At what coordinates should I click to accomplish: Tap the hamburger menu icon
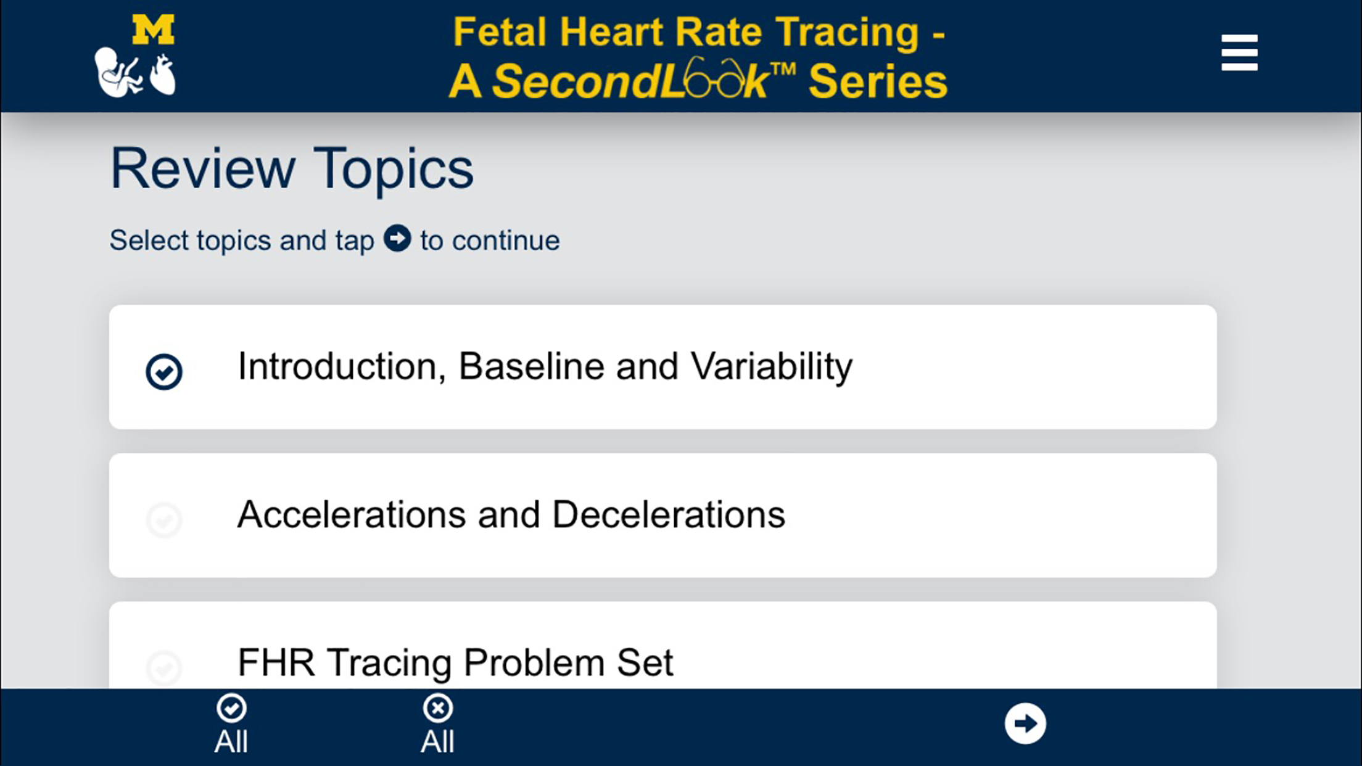click(x=1239, y=52)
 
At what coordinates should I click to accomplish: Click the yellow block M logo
click(x=153, y=30)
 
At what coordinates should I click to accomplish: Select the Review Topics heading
click(x=292, y=168)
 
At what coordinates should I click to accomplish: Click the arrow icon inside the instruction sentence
click(x=397, y=238)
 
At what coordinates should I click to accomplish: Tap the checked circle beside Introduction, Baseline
click(x=164, y=371)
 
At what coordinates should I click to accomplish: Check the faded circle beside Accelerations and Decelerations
click(x=164, y=519)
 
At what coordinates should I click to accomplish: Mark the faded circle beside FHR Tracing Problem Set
click(x=164, y=667)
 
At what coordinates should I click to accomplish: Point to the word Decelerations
click(x=668, y=514)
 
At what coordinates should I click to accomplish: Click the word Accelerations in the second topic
click(x=352, y=514)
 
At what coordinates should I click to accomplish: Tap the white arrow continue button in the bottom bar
click(x=1025, y=723)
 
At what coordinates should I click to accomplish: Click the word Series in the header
click(x=877, y=81)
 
